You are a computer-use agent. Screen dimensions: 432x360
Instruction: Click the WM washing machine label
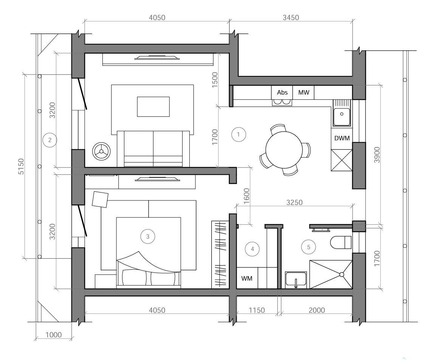point(246,278)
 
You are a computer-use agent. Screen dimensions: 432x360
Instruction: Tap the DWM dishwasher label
point(342,138)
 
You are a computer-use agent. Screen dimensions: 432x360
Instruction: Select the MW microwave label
point(303,93)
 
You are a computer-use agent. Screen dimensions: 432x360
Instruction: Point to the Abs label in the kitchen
point(282,93)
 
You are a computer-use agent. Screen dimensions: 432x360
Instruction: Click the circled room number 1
point(238,135)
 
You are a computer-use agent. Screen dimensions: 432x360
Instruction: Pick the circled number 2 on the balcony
point(50,140)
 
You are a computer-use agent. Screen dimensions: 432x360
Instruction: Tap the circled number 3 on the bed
point(148,236)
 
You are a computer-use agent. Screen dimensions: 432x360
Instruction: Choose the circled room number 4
point(252,249)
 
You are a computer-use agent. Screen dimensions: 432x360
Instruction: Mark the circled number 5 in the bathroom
point(308,247)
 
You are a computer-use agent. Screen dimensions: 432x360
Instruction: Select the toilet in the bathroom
point(341,242)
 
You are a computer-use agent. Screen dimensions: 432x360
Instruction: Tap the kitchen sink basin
point(342,116)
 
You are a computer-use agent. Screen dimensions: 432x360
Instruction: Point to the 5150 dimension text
point(21,166)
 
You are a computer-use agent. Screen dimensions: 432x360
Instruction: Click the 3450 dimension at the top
point(291,18)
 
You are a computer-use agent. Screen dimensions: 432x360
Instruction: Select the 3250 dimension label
point(294,203)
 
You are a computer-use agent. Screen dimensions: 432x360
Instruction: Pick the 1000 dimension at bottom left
point(53,335)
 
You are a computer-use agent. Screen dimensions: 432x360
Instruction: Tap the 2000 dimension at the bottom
point(317,310)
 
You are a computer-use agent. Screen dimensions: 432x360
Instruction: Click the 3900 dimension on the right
point(377,155)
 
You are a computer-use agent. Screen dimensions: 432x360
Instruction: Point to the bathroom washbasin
point(296,280)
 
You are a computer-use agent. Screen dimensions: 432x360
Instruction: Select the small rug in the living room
point(153,107)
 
